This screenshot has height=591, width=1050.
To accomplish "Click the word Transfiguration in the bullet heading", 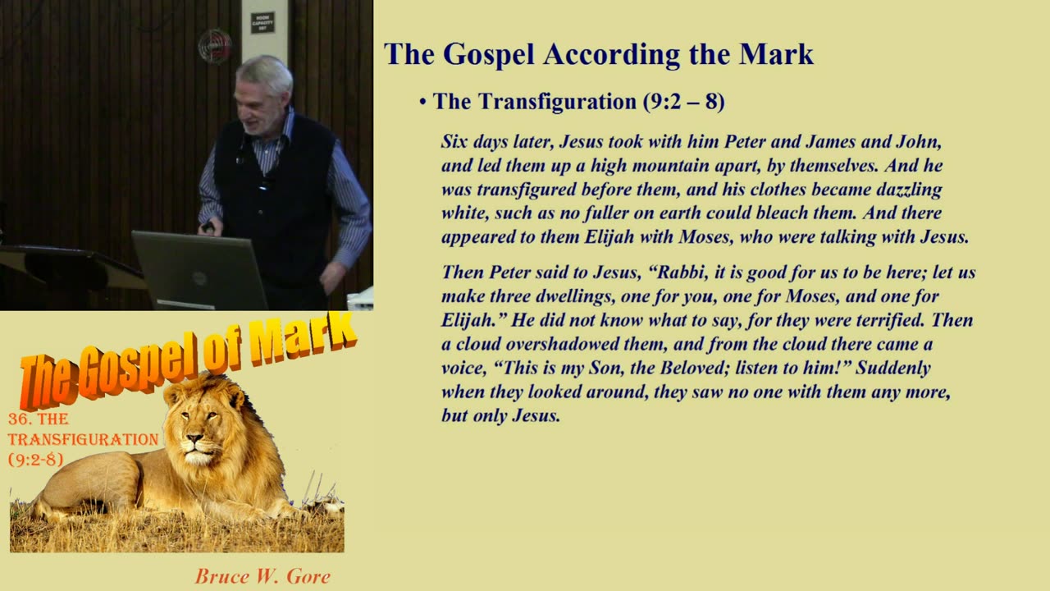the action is coord(557,102).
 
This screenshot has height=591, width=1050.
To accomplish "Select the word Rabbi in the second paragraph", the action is coord(680,272).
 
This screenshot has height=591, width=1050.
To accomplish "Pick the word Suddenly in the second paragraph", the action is coord(893,368).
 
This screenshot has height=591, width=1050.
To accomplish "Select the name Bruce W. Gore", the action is coord(262,576).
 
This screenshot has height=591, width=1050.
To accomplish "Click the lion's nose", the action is coord(194,439).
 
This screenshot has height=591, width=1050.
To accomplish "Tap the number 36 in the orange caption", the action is coord(18,419).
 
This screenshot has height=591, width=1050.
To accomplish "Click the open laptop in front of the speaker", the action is coord(199,270).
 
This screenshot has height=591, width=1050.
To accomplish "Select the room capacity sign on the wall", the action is coord(262,22).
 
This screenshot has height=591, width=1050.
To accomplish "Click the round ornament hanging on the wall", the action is coord(215,46).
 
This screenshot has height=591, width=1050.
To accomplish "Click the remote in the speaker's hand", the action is coord(208,227).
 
